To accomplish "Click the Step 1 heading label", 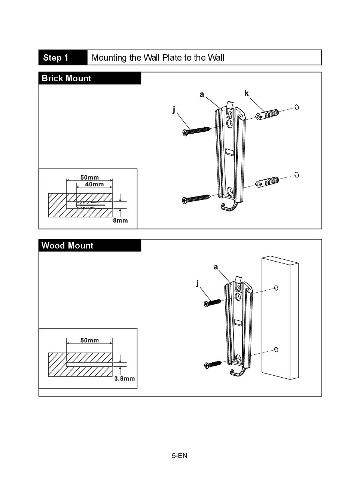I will click(x=56, y=58).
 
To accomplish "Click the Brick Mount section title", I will click(x=66, y=78).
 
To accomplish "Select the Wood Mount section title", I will click(x=67, y=246).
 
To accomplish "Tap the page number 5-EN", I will click(x=180, y=455).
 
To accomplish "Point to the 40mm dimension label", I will click(x=94, y=184).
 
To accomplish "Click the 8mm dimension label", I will click(x=120, y=220).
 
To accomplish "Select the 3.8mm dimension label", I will click(x=124, y=378).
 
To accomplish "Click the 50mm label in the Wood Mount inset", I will click(x=89, y=340).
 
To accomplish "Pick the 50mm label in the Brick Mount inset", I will click(x=89, y=177).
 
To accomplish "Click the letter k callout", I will click(x=246, y=93).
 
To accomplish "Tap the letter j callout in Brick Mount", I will click(x=174, y=109).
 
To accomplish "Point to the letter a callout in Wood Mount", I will click(x=216, y=267).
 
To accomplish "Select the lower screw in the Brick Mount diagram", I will click(x=196, y=199).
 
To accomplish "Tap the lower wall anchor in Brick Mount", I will click(x=267, y=182).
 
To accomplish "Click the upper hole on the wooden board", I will click(x=276, y=288).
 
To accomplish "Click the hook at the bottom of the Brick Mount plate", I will click(x=229, y=207).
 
